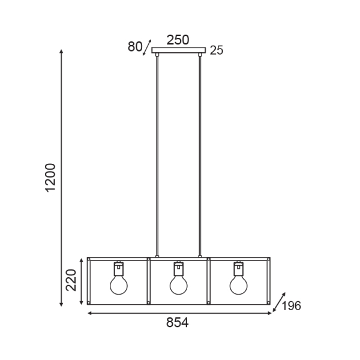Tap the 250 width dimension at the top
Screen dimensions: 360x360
point(178,40)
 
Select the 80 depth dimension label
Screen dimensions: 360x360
point(134,47)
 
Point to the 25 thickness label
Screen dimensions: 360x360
point(217,50)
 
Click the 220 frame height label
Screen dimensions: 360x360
point(70,280)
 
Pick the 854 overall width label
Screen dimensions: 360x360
point(177,323)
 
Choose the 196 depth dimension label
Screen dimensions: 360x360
point(290,306)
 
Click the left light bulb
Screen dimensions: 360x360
point(119,285)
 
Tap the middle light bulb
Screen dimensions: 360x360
point(178,285)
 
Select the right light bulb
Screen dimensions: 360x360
point(238,285)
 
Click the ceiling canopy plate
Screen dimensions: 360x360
point(178,50)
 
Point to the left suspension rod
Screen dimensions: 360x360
point(157,156)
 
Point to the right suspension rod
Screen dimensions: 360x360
point(200,156)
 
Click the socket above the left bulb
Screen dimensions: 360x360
point(119,268)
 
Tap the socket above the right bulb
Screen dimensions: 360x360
point(238,268)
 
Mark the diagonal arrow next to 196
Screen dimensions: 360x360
point(278,304)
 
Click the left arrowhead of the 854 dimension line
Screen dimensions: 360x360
point(90,313)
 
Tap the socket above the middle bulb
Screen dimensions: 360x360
point(178,268)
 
